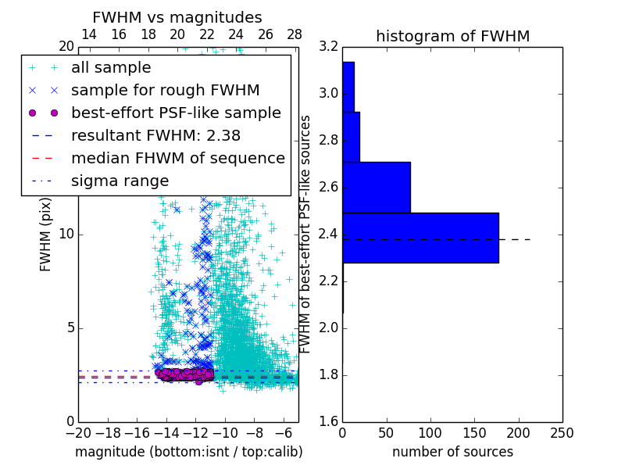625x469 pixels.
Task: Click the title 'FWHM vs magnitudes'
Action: (177, 17)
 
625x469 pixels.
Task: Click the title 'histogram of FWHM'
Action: (452, 36)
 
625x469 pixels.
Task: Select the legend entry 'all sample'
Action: (111, 68)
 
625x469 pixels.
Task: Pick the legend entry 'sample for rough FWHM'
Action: (165, 90)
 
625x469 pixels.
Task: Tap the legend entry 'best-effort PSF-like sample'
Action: (176, 113)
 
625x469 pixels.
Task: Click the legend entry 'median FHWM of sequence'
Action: (177, 158)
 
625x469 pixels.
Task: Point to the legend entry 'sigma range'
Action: (120, 181)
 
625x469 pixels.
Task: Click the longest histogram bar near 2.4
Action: (420, 238)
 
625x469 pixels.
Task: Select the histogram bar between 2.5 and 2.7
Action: (377, 188)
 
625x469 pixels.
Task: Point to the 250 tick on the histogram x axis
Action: (562, 432)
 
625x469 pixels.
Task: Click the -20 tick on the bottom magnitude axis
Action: (78, 432)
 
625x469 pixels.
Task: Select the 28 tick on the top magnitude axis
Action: (295, 34)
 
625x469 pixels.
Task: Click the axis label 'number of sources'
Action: (452, 452)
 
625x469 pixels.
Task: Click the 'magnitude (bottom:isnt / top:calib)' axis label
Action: (188, 452)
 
